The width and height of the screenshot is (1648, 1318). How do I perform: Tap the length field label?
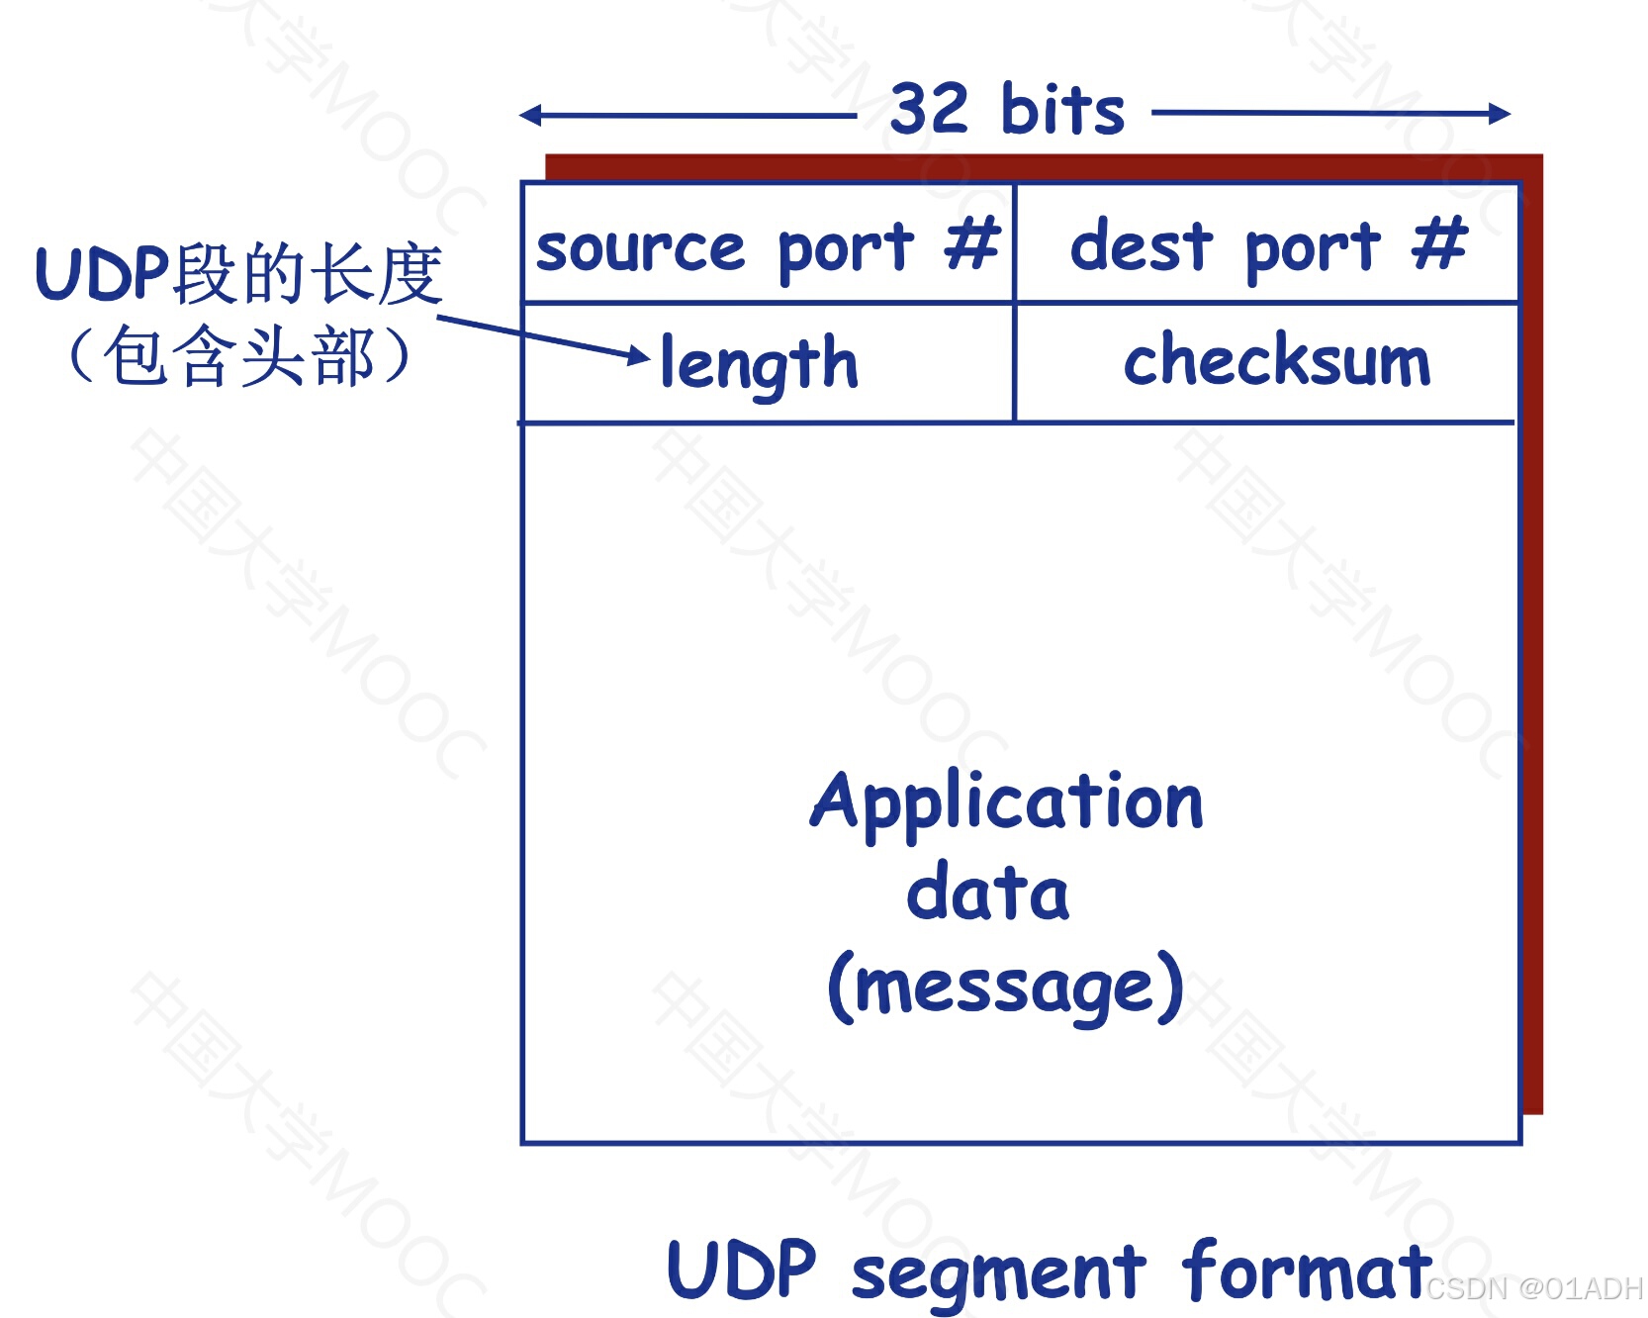click(x=759, y=364)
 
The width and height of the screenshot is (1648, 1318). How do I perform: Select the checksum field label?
click(x=1276, y=360)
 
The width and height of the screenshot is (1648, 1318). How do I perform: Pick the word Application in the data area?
click(x=1007, y=801)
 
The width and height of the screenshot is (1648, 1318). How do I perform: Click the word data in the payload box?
click(x=987, y=893)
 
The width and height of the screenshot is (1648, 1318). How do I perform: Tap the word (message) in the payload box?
click(x=1005, y=987)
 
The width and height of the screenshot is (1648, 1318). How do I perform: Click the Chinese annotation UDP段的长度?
click(x=238, y=274)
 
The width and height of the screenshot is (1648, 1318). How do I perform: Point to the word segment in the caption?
click(x=998, y=1273)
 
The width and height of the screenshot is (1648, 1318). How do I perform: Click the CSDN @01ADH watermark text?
click(x=1533, y=1288)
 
